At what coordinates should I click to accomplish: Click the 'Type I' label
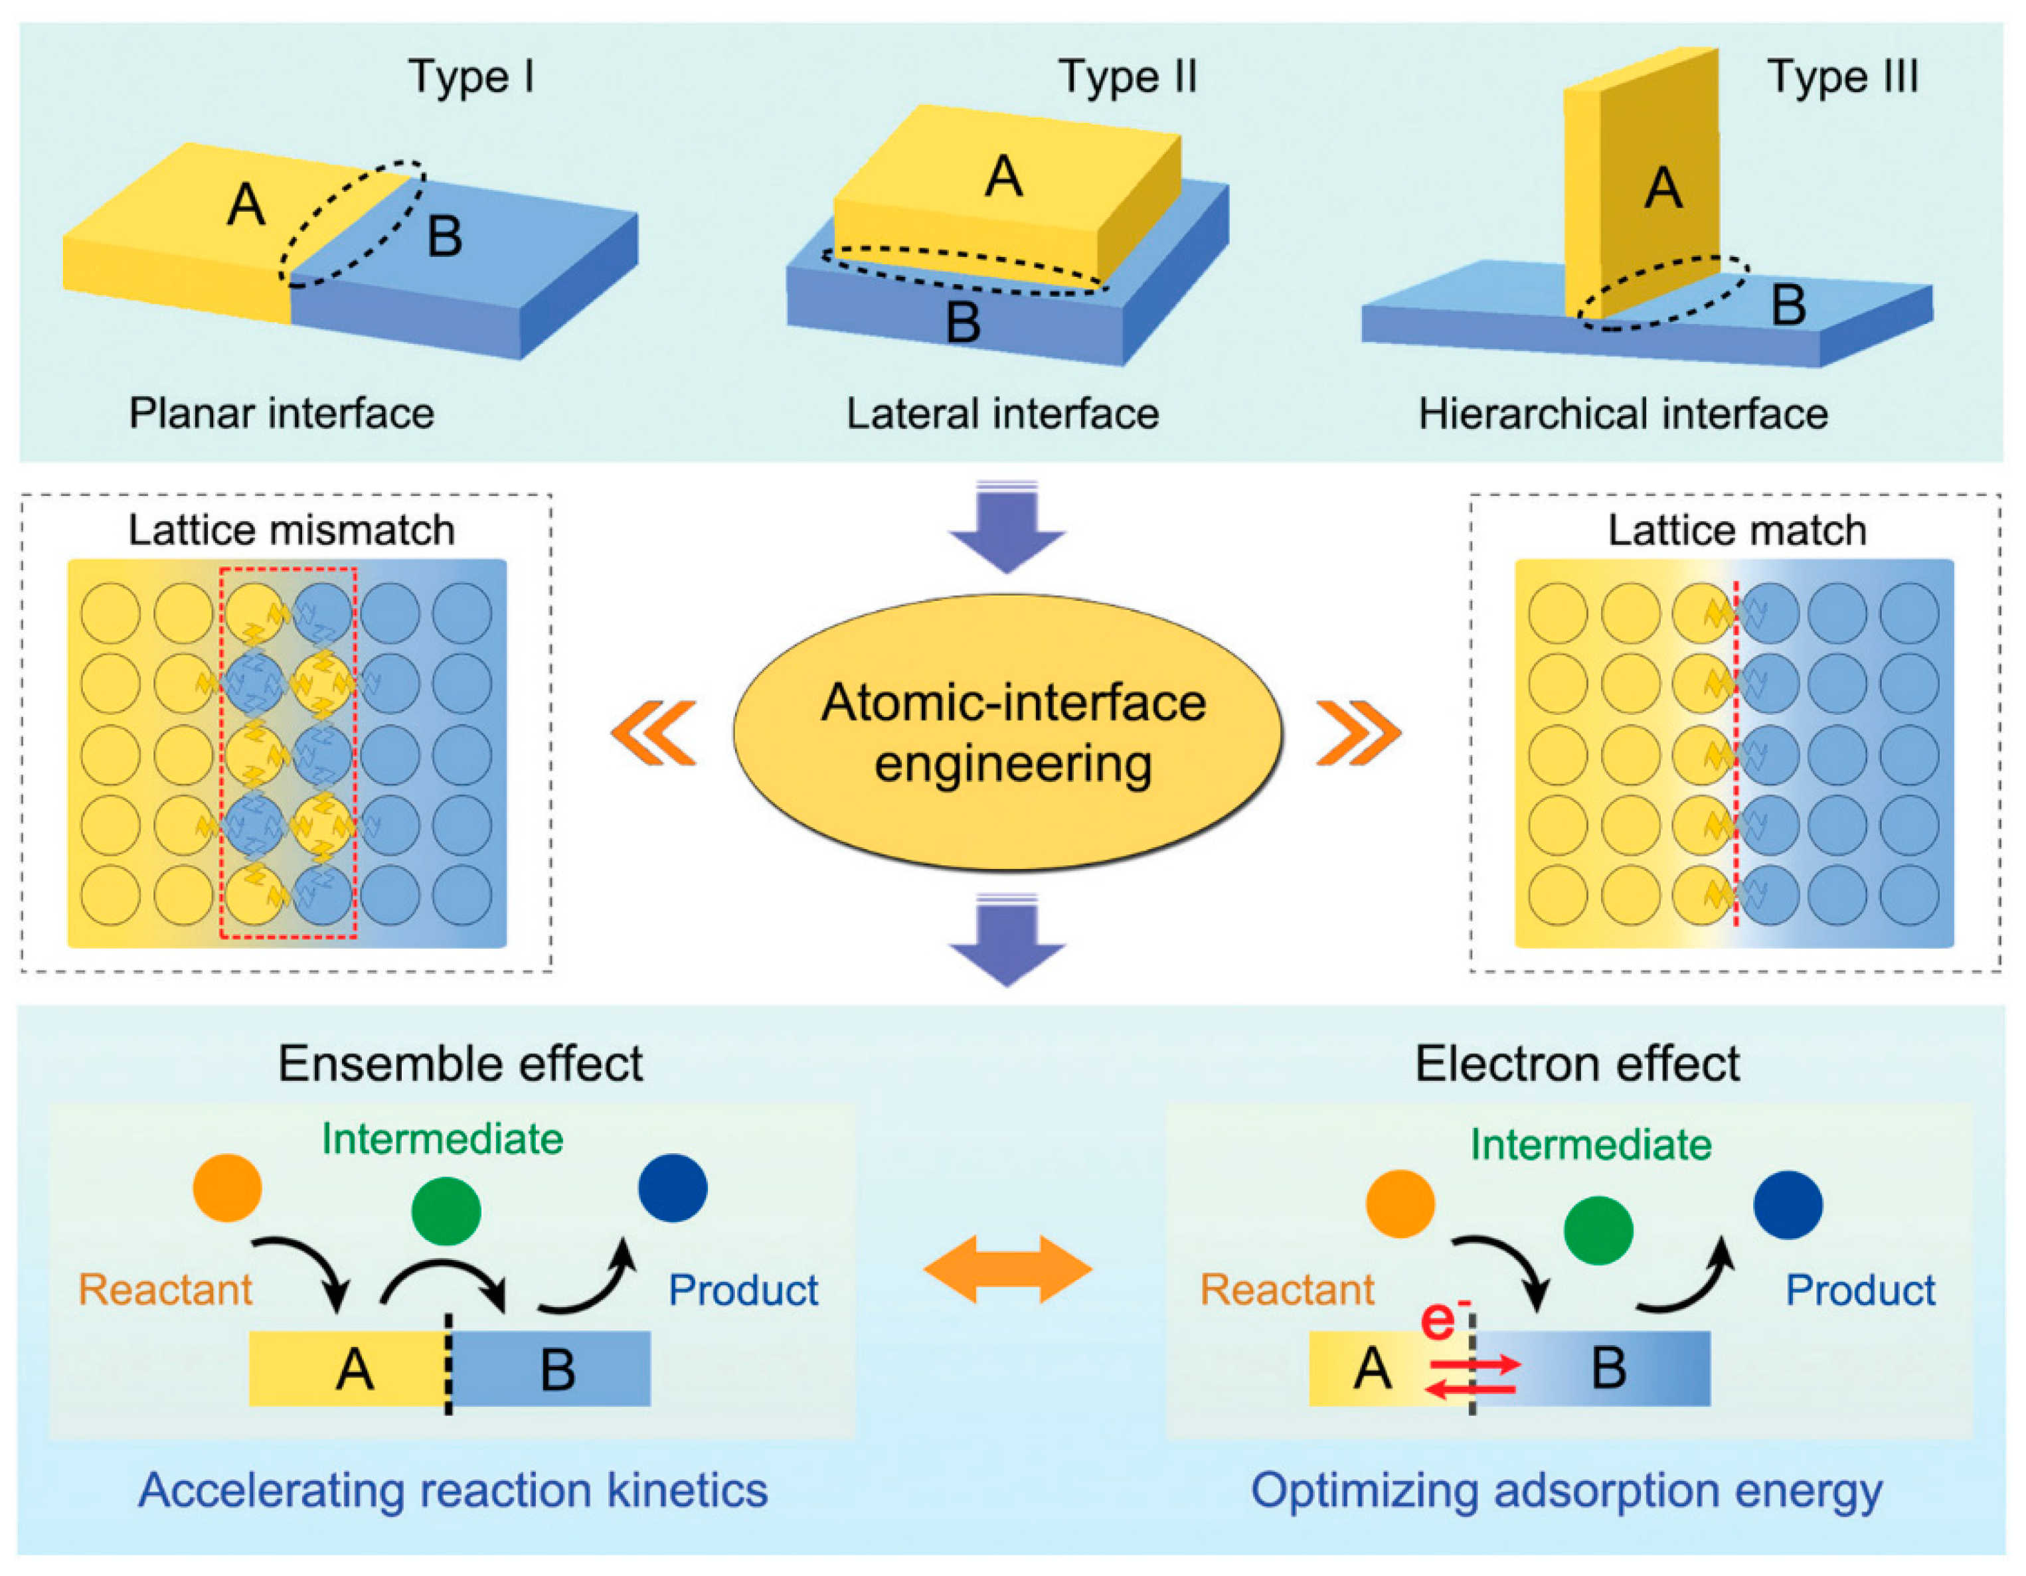click(471, 76)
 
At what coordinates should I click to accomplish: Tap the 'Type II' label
click(1128, 76)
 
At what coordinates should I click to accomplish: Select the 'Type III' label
click(1842, 76)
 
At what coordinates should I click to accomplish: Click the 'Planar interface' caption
click(281, 414)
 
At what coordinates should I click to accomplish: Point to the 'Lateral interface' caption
click(1002, 414)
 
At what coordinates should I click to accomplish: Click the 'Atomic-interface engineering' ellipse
click(1009, 733)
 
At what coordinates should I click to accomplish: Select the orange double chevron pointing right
click(1359, 733)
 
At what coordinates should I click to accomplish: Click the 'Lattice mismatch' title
click(292, 530)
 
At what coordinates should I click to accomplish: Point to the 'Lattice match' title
click(1736, 530)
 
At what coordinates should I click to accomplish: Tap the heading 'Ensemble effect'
click(460, 1064)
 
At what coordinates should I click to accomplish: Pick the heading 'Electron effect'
click(1577, 1064)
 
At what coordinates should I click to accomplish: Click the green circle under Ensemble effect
click(446, 1212)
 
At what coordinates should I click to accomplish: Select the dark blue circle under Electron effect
click(1788, 1205)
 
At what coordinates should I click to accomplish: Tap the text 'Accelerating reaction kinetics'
click(453, 1490)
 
